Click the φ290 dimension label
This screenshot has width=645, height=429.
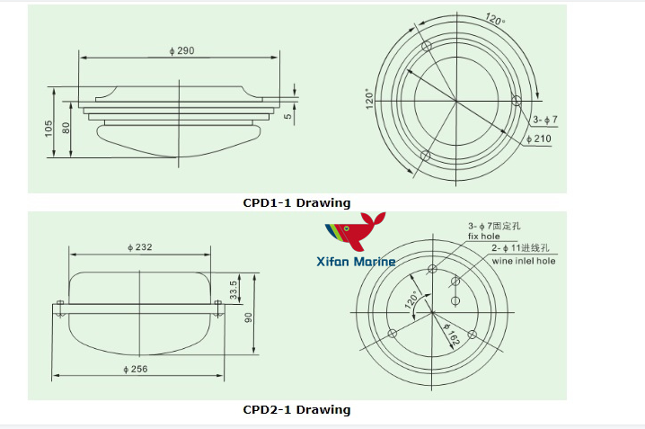[181, 52]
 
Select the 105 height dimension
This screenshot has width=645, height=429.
[49, 129]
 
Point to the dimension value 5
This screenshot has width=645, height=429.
[288, 115]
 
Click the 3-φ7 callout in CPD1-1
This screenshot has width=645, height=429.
[544, 119]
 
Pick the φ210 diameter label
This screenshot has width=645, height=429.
[543, 139]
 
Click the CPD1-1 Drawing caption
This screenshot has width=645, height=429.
[296, 202]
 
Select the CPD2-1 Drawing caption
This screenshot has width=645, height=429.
[296, 409]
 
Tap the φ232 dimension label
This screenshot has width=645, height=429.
[140, 247]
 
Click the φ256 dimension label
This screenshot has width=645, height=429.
[137, 369]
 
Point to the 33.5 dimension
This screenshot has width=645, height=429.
[234, 289]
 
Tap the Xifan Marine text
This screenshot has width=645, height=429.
[357, 261]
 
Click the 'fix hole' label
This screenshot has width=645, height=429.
[483, 236]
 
